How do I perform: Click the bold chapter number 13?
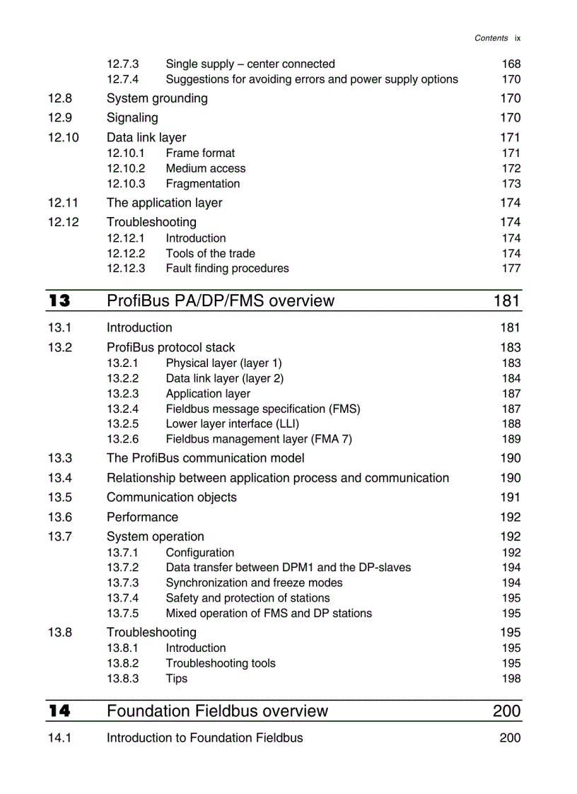59,301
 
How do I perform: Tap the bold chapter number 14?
59,711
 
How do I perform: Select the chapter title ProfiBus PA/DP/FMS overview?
220,301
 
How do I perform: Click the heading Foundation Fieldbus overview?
217,711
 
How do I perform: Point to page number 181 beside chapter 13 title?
506,301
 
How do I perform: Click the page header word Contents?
491,38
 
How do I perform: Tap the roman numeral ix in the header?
518,38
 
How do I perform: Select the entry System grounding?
157,98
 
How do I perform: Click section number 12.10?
64,137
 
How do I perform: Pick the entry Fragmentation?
202,184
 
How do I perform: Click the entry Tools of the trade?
210,253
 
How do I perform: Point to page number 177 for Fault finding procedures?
511,268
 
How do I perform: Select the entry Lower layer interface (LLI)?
232,424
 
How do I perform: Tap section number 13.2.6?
122,439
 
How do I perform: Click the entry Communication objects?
171,497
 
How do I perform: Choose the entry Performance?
142,517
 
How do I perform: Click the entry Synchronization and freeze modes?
254,583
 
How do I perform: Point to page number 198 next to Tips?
511,678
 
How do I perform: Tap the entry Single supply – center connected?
250,64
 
